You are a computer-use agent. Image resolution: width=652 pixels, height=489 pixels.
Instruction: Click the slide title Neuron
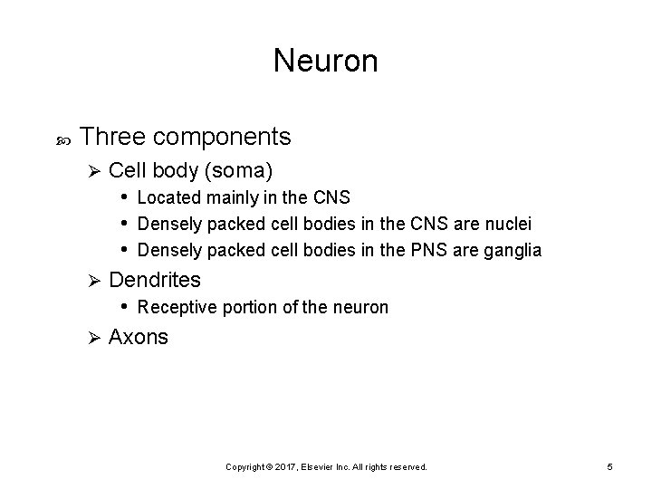click(x=325, y=62)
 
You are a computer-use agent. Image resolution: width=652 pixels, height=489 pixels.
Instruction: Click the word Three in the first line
click(x=113, y=137)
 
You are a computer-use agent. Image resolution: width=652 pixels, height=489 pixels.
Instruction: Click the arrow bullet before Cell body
click(x=91, y=170)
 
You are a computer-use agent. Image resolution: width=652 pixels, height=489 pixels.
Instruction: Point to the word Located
click(x=167, y=197)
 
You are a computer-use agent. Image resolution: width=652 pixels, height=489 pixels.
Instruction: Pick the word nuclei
click(x=508, y=224)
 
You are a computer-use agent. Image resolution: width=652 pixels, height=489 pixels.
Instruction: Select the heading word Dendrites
click(x=155, y=281)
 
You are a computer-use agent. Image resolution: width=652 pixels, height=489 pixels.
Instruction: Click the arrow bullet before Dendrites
click(x=91, y=281)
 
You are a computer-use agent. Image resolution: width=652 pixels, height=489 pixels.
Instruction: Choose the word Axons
click(x=139, y=337)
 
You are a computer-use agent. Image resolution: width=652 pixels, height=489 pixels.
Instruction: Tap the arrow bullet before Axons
click(x=91, y=337)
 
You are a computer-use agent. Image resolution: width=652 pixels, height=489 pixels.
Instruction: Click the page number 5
click(x=610, y=466)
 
